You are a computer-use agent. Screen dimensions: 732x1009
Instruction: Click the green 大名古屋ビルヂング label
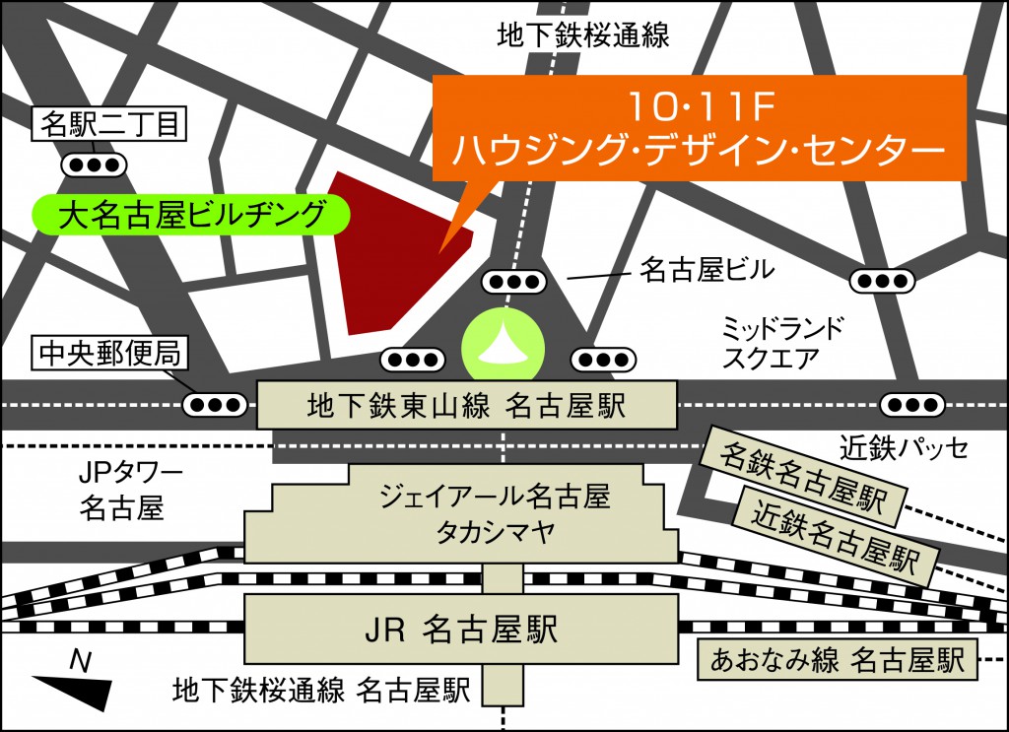191,214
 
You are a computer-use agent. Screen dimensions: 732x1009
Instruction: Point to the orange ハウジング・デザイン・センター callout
698,128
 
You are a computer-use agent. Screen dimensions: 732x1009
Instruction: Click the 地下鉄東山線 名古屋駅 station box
467,405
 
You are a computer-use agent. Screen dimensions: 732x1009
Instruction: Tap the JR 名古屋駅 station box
467,628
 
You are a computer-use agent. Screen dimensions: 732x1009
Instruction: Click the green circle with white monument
503,345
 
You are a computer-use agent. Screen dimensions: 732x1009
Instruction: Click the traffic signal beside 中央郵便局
216,403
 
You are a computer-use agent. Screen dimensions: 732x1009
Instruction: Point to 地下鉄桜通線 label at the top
583,36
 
